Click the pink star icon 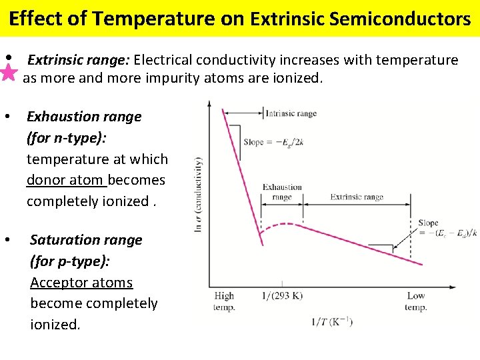click(9, 72)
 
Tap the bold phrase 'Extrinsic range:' click(78, 61)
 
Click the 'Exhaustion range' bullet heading click(84, 117)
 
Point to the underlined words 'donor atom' click(66, 180)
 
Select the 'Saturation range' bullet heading click(86, 240)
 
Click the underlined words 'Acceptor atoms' click(81, 283)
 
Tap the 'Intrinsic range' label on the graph click(291, 113)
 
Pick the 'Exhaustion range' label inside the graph click(282, 192)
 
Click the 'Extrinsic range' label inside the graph click(357, 197)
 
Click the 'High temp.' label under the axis click(224, 301)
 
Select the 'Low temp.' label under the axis click(416, 301)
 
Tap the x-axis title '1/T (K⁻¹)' click(331, 322)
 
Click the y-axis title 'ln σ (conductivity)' click(198, 194)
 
